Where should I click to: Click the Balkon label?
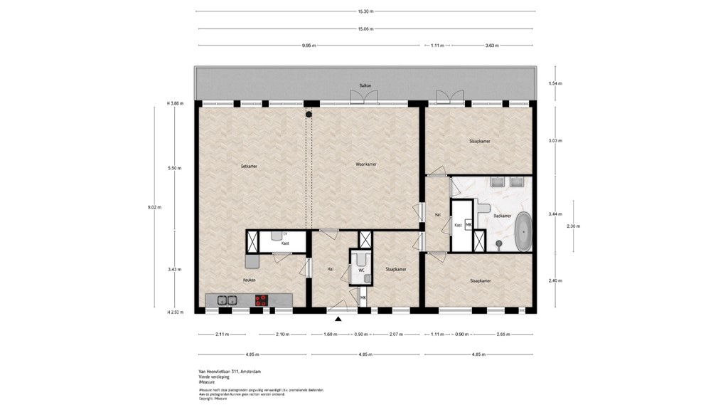pyautogui.click(x=365, y=85)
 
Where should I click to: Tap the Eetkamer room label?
pyautogui.click(x=249, y=166)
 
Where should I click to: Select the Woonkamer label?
pyautogui.click(x=366, y=164)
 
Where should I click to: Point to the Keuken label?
pyautogui.click(x=249, y=280)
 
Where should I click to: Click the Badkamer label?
pyautogui.click(x=503, y=215)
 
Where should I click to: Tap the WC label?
pyautogui.click(x=361, y=270)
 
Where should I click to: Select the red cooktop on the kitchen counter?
pyautogui.click(x=262, y=300)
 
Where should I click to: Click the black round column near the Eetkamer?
pyautogui.click(x=309, y=113)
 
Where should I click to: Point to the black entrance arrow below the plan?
pyautogui.click(x=338, y=319)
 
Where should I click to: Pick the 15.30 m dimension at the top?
pyautogui.click(x=365, y=11)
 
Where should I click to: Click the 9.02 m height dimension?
pyautogui.click(x=154, y=207)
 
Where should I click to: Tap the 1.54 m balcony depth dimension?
pyautogui.click(x=555, y=83)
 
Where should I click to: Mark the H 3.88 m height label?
pyautogui.click(x=175, y=103)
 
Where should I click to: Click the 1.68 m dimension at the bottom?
pyautogui.click(x=329, y=335)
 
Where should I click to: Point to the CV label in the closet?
pyautogui.click(x=285, y=233)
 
